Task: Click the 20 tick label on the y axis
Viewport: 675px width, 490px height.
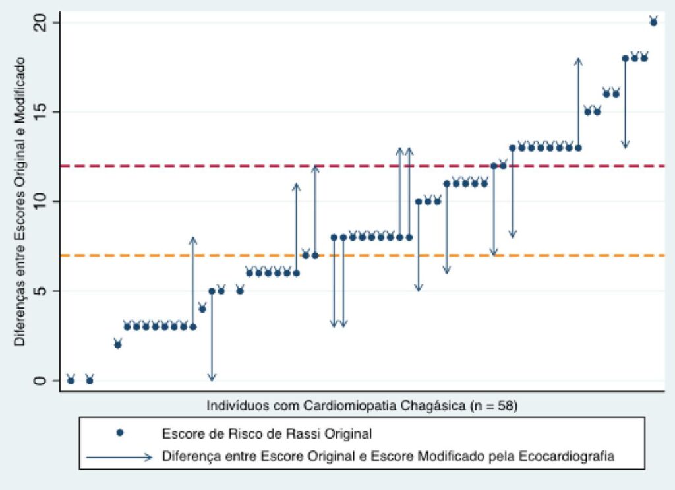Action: [x=40, y=23]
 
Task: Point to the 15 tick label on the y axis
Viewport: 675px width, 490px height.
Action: [x=40, y=112]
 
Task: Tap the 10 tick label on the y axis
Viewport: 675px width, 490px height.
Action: [x=40, y=202]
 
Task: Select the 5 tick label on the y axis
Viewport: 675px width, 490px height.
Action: [x=40, y=291]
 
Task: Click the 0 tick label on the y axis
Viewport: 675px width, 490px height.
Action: [x=40, y=381]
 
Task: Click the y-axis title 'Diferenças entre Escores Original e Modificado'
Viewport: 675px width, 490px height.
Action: [x=19, y=202]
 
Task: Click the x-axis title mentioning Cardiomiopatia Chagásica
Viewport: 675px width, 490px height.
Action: [x=362, y=406]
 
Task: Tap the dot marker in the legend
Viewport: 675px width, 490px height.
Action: [x=120, y=433]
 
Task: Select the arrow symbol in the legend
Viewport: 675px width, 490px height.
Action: [x=120, y=457]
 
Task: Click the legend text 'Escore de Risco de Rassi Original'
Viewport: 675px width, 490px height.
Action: [x=267, y=433]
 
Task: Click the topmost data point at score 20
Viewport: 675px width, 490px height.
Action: [x=653, y=22]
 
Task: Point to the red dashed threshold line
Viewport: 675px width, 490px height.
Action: [x=363, y=166]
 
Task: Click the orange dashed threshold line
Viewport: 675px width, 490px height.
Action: [x=363, y=255]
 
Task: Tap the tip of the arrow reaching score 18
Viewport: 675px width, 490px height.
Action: [x=579, y=59]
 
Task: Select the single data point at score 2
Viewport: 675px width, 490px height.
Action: [x=117, y=344]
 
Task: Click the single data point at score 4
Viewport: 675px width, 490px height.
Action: [x=202, y=309]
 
